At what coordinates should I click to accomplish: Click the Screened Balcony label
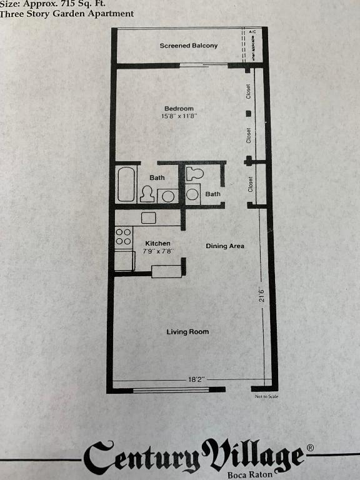189,46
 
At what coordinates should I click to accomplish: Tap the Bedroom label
179,109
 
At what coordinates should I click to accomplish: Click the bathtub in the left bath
126,184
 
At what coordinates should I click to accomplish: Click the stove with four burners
124,236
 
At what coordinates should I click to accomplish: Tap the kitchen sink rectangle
149,217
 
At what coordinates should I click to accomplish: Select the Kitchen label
157,243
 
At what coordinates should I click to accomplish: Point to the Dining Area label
225,246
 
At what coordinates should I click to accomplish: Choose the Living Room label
187,332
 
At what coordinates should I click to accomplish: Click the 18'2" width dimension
196,379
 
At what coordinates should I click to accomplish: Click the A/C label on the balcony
252,31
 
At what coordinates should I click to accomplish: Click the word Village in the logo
253,458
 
